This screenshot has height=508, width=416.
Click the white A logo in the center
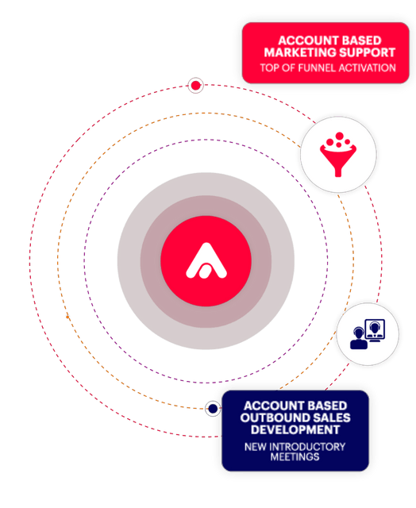206,261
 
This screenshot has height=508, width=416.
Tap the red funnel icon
338,155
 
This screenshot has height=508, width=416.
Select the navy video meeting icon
368,334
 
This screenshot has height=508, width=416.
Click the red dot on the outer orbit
195,86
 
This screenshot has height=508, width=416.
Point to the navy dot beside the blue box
213,409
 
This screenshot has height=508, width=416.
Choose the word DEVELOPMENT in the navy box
295,429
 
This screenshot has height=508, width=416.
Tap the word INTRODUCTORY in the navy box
307,447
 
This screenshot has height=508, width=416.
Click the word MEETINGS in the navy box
295,457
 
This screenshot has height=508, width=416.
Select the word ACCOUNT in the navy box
270,406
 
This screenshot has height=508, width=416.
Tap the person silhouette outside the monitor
359,338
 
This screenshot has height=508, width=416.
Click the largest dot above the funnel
340,136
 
